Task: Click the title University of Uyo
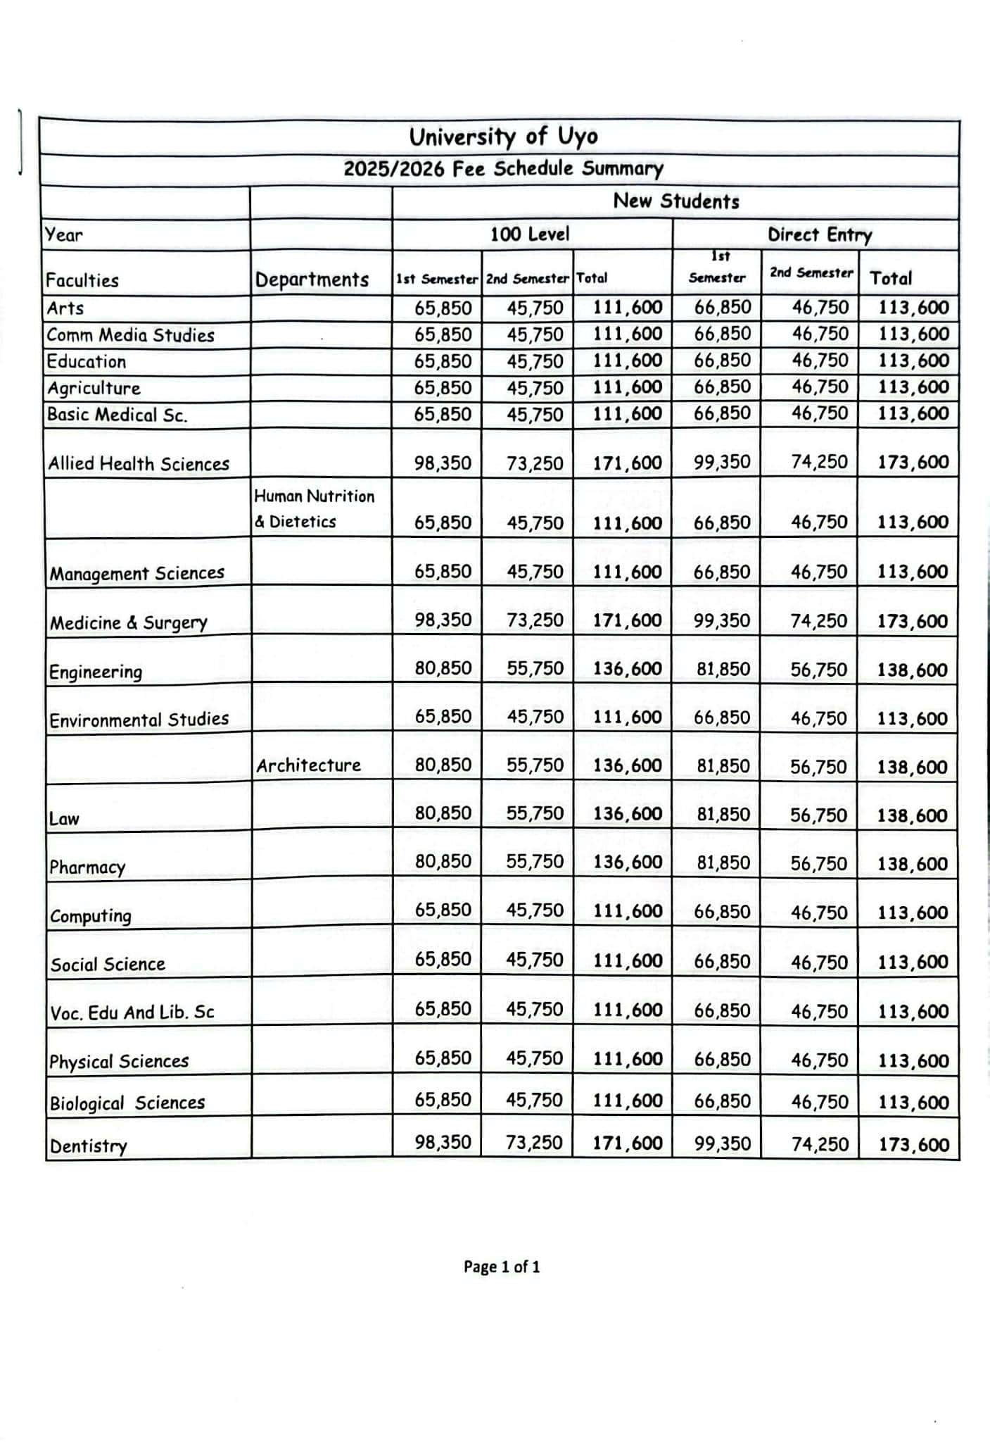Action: [503, 137]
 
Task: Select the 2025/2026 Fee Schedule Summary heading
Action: [503, 169]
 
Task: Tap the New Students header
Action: [675, 201]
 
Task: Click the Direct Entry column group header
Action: [819, 234]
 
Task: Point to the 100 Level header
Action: [529, 234]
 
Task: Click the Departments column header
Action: [312, 280]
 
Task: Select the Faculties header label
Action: [82, 280]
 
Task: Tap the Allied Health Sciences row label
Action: [139, 463]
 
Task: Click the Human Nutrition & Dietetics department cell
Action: [314, 508]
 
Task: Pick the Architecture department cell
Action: [308, 765]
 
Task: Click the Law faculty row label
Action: [64, 819]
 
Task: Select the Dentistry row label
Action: [89, 1146]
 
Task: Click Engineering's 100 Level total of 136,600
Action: [627, 668]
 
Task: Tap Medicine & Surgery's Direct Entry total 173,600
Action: [913, 621]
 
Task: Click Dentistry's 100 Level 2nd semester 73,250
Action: [534, 1142]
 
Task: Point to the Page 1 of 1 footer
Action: [502, 1267]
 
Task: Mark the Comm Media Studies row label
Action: [130, 335]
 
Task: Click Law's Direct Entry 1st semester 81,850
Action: [723, 815]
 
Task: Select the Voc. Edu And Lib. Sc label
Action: [132, 1012]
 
